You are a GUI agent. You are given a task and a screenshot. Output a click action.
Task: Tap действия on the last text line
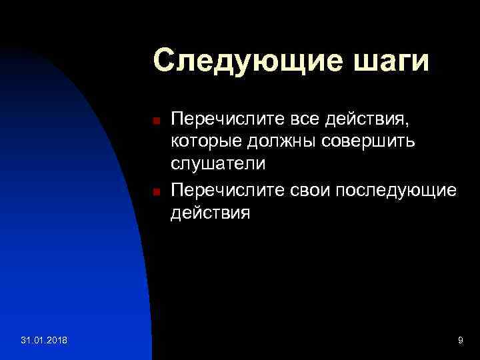click(x=210, y=214)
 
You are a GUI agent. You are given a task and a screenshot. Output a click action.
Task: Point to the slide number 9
click(x=460, y=341)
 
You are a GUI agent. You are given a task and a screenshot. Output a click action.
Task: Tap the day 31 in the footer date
click(x=26, y=341)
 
